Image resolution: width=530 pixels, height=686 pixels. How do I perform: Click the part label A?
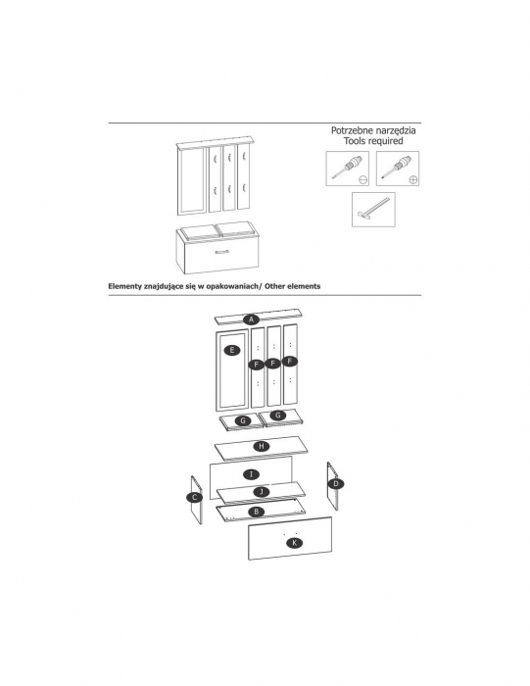(252, 319)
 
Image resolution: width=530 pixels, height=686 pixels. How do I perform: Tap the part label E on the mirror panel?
(232, 350)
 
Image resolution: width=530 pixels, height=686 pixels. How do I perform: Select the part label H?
(262, 446)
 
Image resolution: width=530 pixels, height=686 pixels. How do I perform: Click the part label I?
(251, 474)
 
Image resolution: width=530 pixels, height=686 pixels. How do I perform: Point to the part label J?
(262, 492)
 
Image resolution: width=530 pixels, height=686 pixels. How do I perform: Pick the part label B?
(257, 512)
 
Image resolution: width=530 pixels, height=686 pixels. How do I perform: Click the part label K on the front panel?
(295, 543)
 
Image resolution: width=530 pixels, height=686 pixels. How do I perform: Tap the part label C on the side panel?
(195, 498)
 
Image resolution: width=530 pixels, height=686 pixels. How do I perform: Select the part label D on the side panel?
(336, 483)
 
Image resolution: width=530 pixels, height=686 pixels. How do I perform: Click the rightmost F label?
(289, 362)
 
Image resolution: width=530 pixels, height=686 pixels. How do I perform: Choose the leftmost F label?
(257, 365)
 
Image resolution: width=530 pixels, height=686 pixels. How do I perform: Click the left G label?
(243, 420)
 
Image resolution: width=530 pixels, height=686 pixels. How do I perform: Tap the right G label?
(277, 416)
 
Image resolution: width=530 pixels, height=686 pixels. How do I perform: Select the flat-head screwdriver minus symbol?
(362, 179)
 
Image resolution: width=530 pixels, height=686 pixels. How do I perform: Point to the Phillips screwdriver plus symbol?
(413, 179)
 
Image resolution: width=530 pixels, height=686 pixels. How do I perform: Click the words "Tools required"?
(373, 141)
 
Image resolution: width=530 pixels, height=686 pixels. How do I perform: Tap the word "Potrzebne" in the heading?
(349, 130)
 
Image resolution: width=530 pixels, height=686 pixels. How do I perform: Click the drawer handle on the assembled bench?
(221, 252)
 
